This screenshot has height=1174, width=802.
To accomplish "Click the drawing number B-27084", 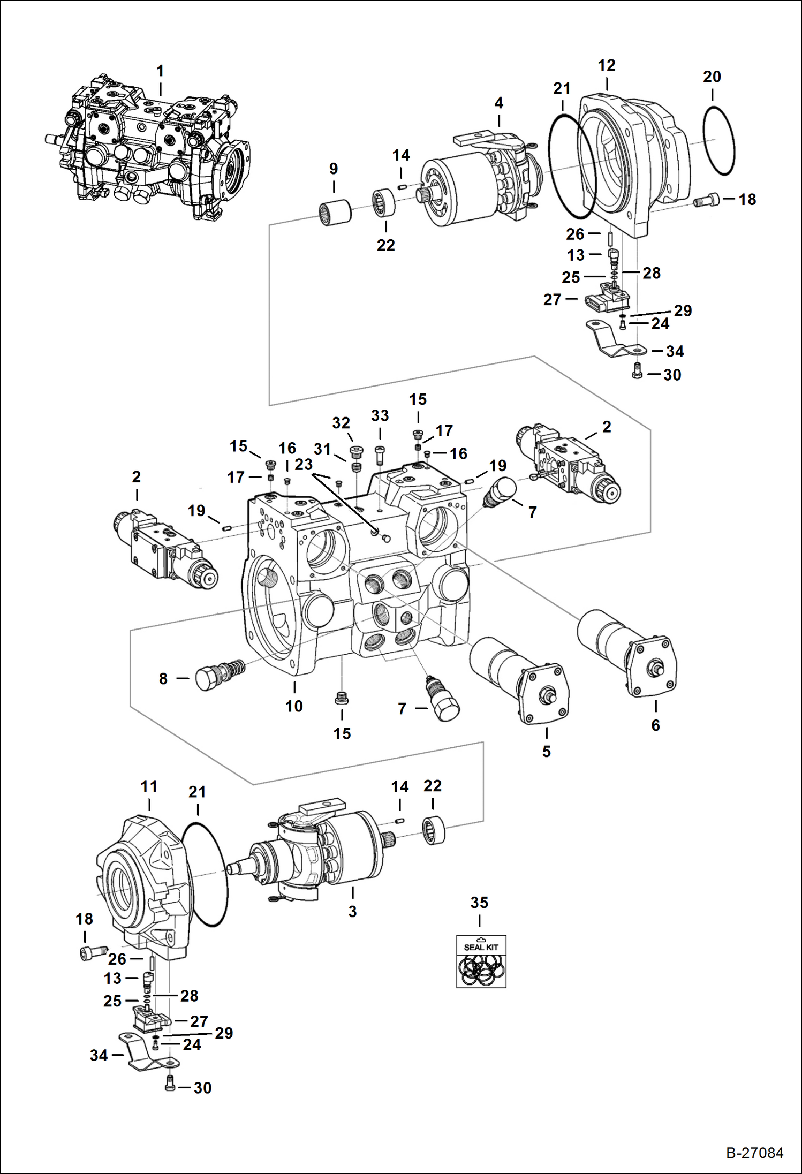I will click(754, 1153).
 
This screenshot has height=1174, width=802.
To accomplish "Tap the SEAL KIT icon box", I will click(481, 961).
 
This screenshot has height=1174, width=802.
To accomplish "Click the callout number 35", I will click(479, 903).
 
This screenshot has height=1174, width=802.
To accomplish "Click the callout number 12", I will click(607, 65).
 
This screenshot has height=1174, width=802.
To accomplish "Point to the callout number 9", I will click(334, 169).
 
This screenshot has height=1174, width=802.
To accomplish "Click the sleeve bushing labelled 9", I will click(335, 212).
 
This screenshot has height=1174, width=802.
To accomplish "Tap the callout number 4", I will click(499, 103).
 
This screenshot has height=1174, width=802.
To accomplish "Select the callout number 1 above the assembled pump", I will click(160, 71).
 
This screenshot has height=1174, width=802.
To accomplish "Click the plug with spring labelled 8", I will click(220, 673).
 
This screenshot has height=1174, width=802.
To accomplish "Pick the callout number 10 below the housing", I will click(294, 706).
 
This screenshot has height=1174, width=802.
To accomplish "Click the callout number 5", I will click(546, 751).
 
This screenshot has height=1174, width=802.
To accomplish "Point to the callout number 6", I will click(655, 725).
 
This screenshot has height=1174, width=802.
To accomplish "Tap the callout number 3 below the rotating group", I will click(352, 911).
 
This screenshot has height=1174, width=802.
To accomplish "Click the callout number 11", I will click(149, 786).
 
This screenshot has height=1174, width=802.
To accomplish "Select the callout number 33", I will click(380, 415).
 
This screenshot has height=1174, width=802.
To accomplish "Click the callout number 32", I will click(341, 423).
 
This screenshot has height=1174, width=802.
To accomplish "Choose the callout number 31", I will click(322, 449).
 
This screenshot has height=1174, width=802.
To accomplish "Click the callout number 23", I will click(304, 464).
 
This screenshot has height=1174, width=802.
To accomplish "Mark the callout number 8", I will click(163, 679).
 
